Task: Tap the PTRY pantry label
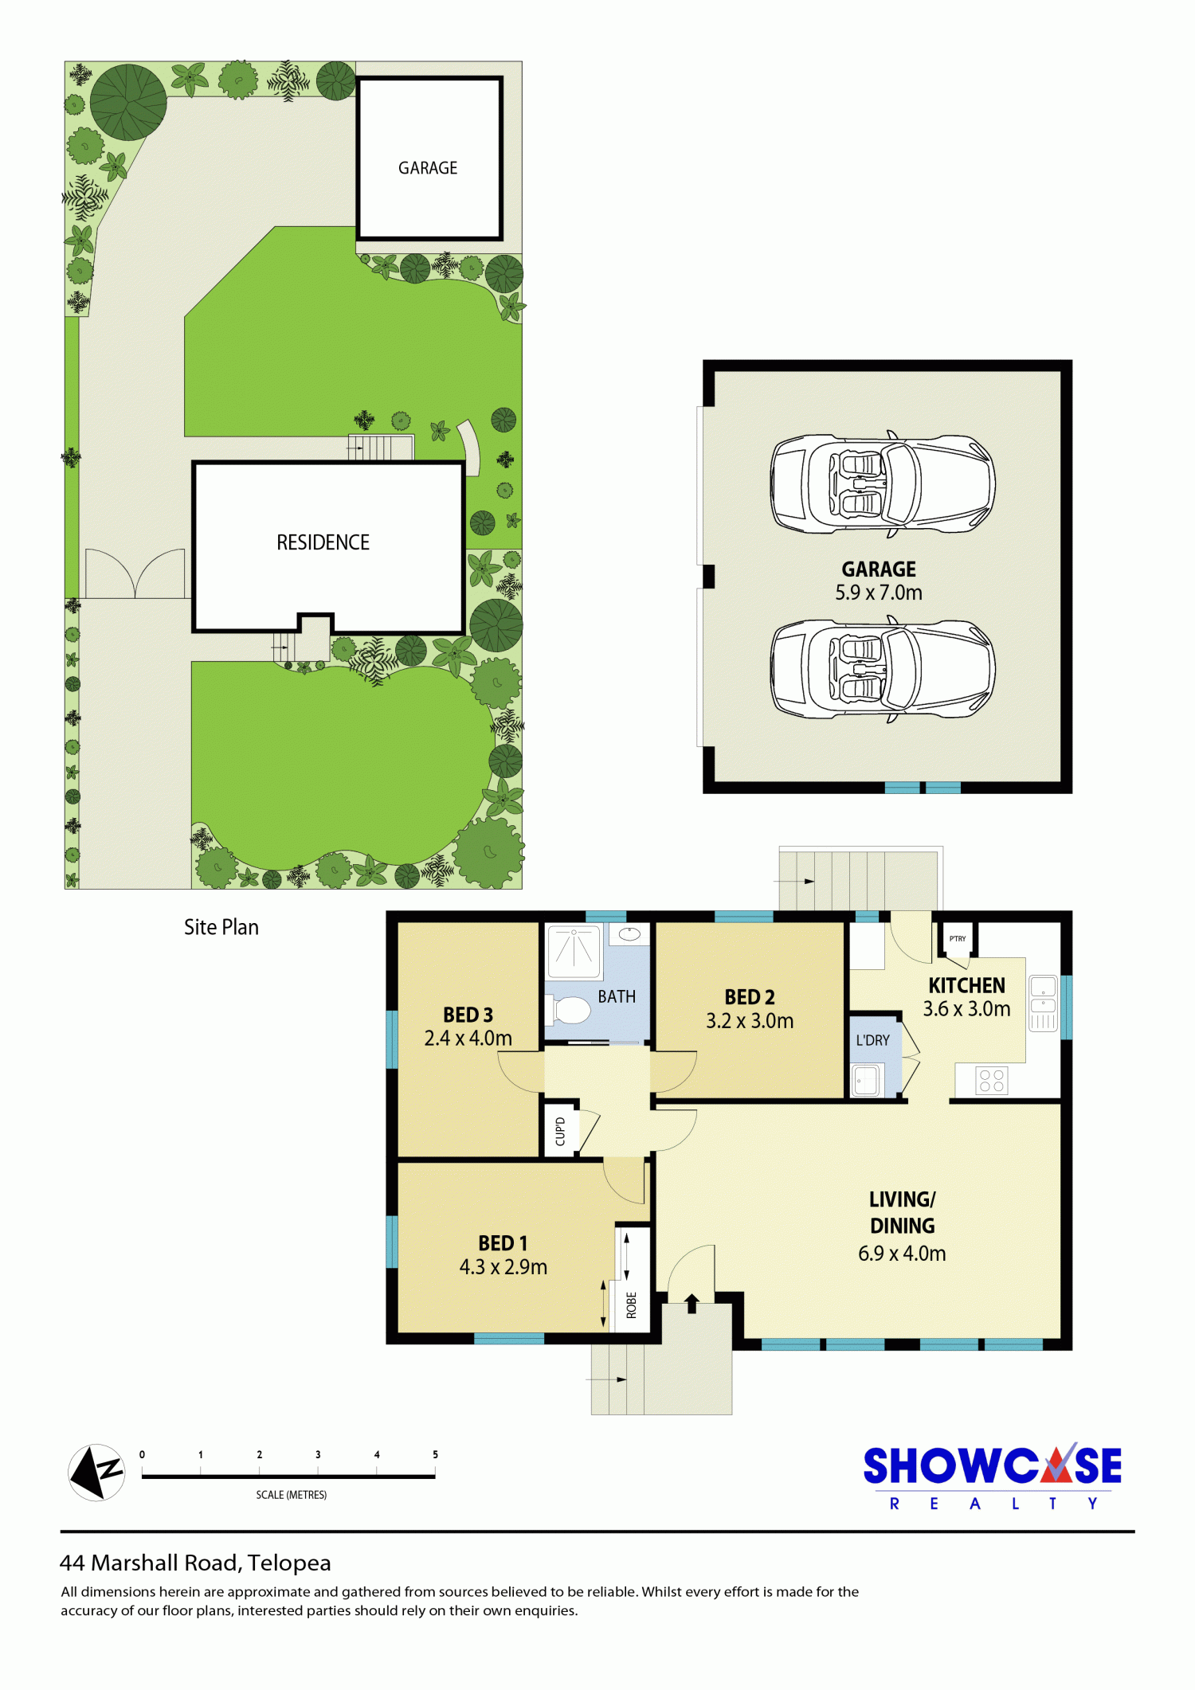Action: pos(958,938)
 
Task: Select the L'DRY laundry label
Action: pos(872,1040)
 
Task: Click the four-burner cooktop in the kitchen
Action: pos(992,1081)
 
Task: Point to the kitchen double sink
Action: pos(1043,1003)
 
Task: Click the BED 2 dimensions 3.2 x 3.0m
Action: pos(750,1021)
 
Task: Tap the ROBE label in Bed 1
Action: pos(632,1305)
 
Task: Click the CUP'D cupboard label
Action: pos(560,1132)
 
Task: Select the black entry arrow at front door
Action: pos(692,1303)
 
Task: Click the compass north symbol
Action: pos(97,1473)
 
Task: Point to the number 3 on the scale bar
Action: pos(318,1454)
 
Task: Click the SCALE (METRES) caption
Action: pos(292,1495)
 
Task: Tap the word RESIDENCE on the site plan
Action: pos(323,542)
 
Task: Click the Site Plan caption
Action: pos(221,927)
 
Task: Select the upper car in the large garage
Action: pos(883,484)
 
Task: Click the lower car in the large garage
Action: pos(883,669)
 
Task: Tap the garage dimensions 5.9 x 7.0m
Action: pos(879,593)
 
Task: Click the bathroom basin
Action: pos(630,933)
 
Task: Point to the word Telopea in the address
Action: pos(289,1563)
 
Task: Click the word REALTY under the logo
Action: pos(993,1504)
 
